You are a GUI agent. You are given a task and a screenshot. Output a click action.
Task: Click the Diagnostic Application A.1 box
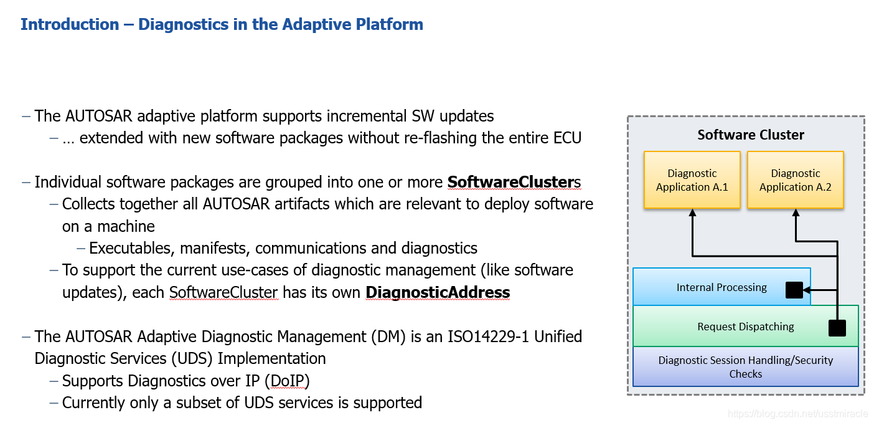692,180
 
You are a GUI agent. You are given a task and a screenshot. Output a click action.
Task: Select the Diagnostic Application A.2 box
795,180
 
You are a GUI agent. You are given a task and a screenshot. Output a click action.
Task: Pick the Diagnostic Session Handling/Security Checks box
745,367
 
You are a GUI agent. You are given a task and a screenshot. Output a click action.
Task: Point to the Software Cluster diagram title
750,135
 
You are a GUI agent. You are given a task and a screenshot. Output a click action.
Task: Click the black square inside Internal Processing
794,290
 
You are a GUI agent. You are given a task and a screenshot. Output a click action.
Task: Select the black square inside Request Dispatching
837,328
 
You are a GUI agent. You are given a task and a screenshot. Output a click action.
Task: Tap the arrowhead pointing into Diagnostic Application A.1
692,213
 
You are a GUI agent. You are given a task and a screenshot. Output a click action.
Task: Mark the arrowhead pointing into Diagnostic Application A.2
795,213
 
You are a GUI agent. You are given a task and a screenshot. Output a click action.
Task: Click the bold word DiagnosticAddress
437,292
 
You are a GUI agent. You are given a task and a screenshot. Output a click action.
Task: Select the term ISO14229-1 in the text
491,337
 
